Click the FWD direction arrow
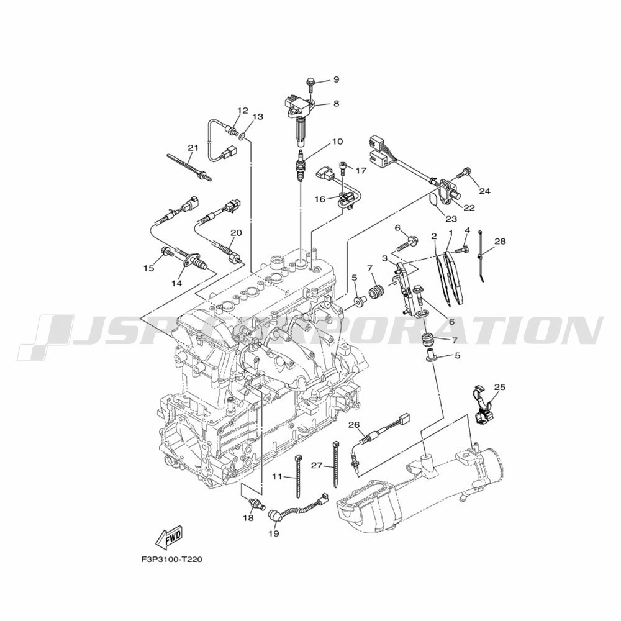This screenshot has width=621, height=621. tap(169, 537)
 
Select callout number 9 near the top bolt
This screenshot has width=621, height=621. tap(336, 79)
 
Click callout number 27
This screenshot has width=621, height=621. tap(317, 466)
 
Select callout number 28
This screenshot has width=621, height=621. tap(500, 241)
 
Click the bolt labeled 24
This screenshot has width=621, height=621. tap(463, 174)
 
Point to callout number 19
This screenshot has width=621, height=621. tap(274, 533)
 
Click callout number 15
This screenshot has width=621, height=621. tap(148, 268)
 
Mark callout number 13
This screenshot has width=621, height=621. tap(258, 117)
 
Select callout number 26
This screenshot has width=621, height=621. tap(354, 425)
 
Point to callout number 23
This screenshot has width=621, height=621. tap(451, 219)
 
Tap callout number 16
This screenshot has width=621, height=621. tap(320, 199)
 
